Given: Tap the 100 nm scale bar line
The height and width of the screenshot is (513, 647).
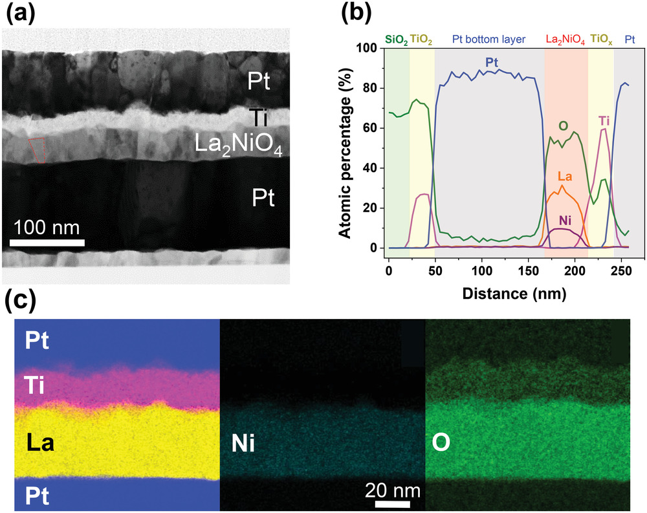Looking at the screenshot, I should (48, 243).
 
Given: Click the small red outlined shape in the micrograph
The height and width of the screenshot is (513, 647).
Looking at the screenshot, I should (38, 150).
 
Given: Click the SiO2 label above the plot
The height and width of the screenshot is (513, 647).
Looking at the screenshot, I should (397, 40).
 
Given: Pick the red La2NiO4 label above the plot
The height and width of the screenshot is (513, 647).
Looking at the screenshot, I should (565, 40).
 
